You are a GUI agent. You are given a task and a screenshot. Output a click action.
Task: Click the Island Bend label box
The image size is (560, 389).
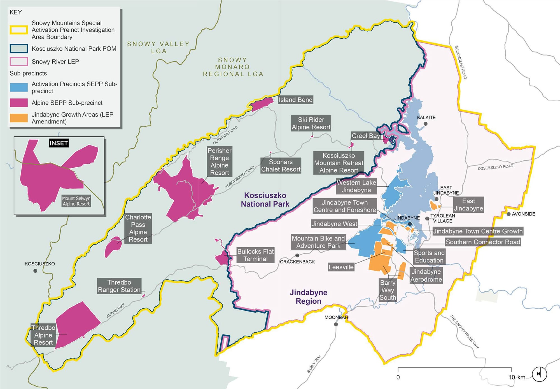(x=295, y=100)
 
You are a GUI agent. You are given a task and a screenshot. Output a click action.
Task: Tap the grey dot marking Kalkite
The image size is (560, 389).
(x=426, y=124)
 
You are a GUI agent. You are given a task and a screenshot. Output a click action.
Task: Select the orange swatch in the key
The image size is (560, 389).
(x=19, y=118)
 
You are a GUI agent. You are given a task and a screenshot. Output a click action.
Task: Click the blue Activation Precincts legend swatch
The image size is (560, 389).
(x=19, y=87)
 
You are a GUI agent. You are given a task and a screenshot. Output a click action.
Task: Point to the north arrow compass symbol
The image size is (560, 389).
(x=539, y=374)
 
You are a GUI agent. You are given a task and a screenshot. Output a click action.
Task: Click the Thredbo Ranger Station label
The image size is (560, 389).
(x=119, y=286)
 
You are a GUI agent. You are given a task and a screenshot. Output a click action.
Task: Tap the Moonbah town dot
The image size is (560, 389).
(x=336, y=324)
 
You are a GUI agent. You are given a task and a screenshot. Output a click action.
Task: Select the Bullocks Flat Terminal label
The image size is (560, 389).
(x=255, y=255)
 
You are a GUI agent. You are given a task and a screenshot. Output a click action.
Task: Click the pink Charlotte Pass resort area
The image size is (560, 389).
(x=113, y=247)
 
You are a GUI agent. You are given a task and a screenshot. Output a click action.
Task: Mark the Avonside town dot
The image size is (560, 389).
(x=508, y=214)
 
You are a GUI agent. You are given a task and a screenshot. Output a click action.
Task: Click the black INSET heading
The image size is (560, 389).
(x=59, y=143)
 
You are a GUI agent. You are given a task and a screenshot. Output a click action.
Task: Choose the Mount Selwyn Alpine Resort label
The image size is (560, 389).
(x=76, y=201)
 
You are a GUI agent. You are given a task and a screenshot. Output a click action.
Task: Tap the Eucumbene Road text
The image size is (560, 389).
(x=461, y=62)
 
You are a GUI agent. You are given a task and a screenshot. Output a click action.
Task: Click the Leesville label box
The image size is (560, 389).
(x=341, y=267)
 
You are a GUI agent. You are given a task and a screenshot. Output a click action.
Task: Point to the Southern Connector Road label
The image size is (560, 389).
(x=483, y=242)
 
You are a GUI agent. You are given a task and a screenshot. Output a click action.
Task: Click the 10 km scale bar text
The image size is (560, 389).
(x=517, y=377)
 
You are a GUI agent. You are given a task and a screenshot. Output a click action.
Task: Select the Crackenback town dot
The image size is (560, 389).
(x=297, y=256)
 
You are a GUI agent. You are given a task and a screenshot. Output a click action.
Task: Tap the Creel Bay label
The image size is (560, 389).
(x=366, y=136)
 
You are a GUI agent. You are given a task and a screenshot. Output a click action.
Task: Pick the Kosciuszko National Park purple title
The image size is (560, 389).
(x=265, y=200)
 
